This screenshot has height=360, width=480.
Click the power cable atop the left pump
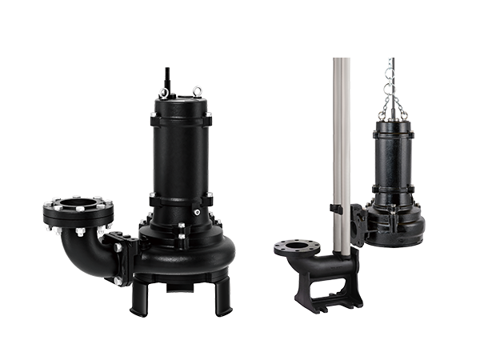(168, 78)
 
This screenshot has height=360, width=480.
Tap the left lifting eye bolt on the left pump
(163, 93)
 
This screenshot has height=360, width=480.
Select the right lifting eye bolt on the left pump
(197, 90)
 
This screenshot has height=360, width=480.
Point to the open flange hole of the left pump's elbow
(78, 206)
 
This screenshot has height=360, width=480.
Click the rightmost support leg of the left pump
(224, 294)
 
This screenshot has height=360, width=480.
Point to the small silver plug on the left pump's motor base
(196, 213)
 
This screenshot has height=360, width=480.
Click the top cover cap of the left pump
(180, 103)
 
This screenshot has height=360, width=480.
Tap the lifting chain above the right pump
(392, 88)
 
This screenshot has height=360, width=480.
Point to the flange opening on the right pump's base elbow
(297, 246)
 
